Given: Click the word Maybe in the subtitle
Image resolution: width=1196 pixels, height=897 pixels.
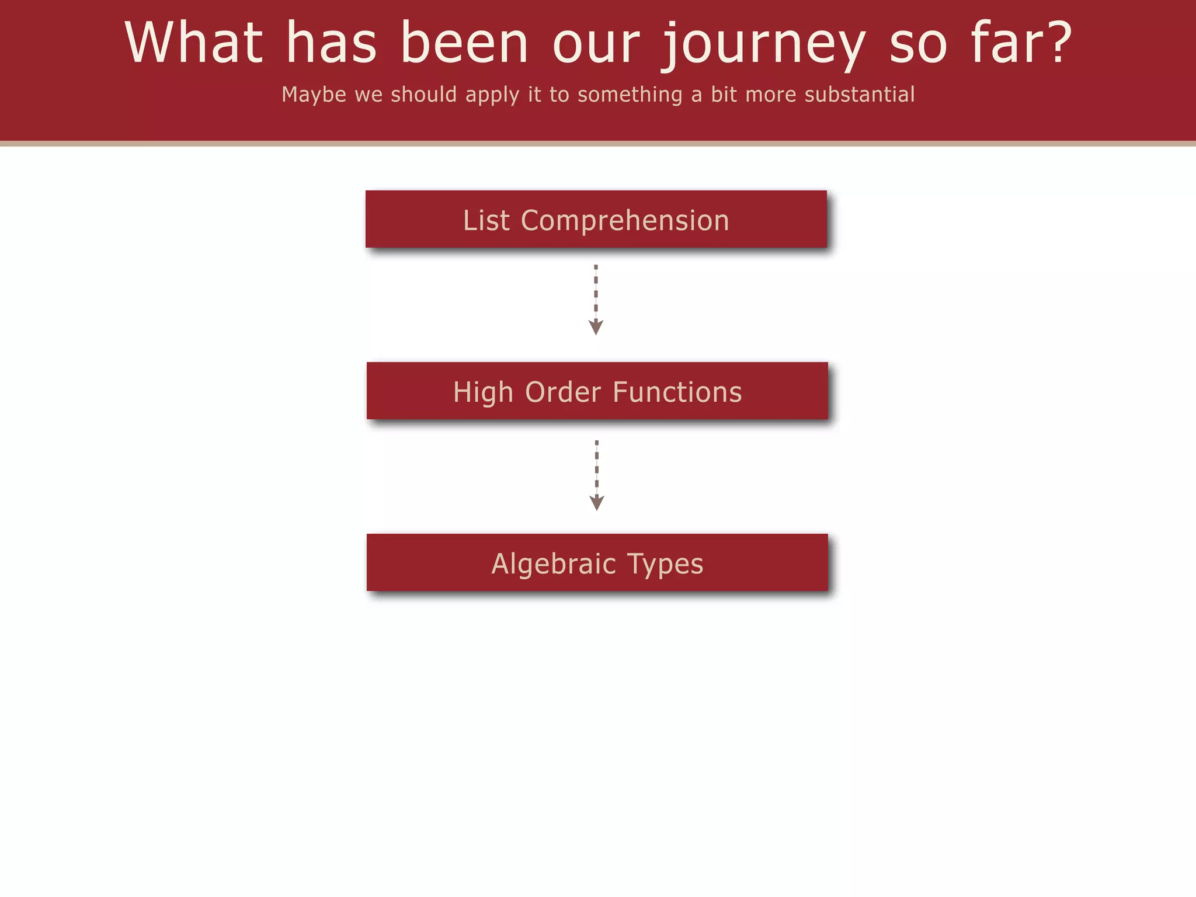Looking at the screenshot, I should tap(314, 95).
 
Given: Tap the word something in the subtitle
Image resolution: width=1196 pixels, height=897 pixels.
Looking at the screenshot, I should tap(630, 95).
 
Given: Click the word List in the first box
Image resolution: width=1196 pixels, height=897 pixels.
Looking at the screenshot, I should tap(486, 221).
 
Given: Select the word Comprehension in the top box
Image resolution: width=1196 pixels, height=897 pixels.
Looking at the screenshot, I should tap(625, 221).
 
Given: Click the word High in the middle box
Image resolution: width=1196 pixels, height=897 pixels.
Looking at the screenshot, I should tap(482, 392).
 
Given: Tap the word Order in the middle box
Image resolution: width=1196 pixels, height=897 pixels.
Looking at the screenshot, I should tap(563, 392).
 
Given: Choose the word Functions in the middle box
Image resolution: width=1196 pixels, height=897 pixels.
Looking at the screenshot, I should tap(677, 392).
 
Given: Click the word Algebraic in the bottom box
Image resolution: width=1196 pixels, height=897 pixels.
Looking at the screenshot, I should tap(554, 564).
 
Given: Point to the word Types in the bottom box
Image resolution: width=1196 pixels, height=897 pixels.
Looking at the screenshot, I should tap(665, 565).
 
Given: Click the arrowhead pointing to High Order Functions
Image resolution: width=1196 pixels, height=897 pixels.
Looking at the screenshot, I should tap(596, 327).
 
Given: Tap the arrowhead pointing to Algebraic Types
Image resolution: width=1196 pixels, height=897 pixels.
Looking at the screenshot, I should tap(596, 503).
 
